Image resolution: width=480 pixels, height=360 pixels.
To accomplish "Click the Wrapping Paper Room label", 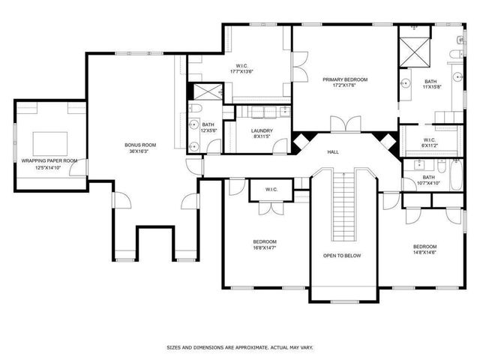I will pyautogui.click(x=49, y=160).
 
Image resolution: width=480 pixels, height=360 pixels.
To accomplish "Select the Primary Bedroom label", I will pyautogui.click(x=343, y=79).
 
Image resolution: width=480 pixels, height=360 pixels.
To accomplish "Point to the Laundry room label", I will pyautogui.click(x=262, y=130).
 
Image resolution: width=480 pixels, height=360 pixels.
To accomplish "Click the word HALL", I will pyautogui.click(x=333, y=152).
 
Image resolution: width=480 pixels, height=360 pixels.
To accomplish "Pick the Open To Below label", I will pyautogui.click(x=343, y=256).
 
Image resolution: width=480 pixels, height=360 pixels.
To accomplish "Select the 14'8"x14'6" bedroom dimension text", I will pyautogui.click(x=424, y=252).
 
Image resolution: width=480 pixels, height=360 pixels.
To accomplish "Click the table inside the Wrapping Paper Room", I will pyautogui.click(x=49, y=142).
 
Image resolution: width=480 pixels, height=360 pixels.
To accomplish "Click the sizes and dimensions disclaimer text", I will pyautogui.click(x=239, y=347).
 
